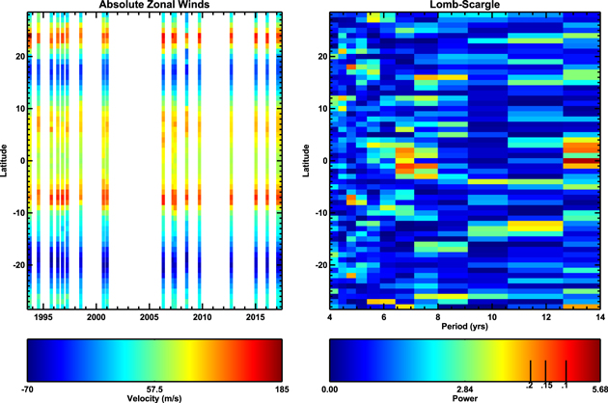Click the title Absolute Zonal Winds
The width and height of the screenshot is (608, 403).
click(154, 5)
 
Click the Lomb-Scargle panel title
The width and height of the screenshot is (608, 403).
click(464, 5)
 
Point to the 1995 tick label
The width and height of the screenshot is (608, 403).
click(43, 317)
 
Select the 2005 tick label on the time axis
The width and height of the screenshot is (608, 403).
click(150, 317)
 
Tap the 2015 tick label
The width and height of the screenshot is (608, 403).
click(255, 317)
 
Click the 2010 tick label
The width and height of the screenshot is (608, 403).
click(202, 317)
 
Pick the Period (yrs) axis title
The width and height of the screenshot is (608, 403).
click(464, 326)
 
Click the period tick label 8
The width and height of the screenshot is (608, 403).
click(438, 317)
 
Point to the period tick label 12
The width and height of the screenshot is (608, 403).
click(546, 317)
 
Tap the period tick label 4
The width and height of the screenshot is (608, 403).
click(330, 317)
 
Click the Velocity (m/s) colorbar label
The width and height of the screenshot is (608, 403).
click(154, 398)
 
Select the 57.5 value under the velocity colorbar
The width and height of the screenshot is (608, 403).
click(154, 390)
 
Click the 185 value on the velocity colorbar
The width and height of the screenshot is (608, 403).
click(282, 390)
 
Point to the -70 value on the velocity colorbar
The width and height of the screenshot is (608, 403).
click(27, 390)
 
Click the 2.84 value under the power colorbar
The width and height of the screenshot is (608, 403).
click(464, 390)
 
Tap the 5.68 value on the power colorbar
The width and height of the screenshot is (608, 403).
click(600, 390)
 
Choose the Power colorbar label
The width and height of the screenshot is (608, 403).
click(464, 398)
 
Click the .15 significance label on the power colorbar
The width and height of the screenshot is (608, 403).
click(546, 386)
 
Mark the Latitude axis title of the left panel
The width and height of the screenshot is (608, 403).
click(4, 160)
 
